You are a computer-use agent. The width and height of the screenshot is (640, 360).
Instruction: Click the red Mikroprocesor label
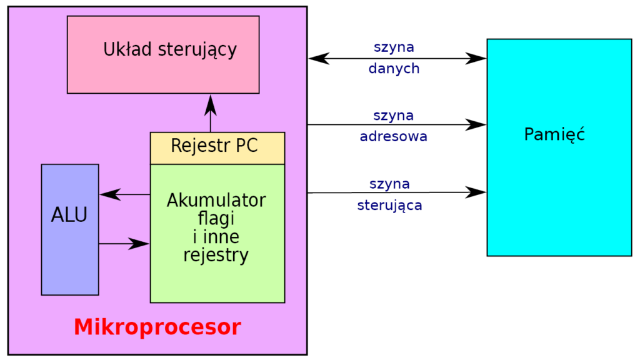(x=157, y=327)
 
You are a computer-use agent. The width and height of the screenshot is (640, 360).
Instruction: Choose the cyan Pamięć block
(x=559, y=187)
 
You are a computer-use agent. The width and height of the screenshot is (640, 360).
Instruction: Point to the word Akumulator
(x=216, y=201)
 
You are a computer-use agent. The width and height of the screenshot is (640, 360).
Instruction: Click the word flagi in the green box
(x=216, y=219)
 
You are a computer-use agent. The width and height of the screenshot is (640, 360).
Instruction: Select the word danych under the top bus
(x=394, y=69)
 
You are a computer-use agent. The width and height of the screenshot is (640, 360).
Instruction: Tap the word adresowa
(x=393, y=136)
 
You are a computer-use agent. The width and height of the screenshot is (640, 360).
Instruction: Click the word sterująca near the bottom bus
(x=389, y=205)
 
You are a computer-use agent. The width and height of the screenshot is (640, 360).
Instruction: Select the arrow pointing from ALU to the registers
(x=125, y=243)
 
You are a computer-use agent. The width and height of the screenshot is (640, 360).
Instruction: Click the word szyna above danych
(x=394, y=47)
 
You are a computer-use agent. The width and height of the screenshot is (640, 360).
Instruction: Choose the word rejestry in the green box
(x=216, y=255)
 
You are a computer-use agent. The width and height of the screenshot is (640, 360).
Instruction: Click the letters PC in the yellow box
(x=246, y=147)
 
